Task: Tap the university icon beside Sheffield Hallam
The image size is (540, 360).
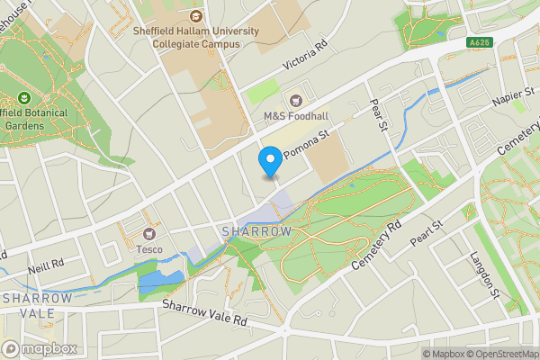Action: tap(196, 15)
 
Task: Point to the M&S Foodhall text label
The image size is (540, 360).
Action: tap(296, 117)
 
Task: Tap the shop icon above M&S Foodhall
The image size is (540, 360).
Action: tap(295, 101)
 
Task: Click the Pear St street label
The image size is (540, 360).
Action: tap(378, 116)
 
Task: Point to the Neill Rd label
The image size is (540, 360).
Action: tap(46, 265)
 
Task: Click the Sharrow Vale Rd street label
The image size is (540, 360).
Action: tap(204, 312)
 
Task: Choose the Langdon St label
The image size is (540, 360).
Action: tap(483, 274)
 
